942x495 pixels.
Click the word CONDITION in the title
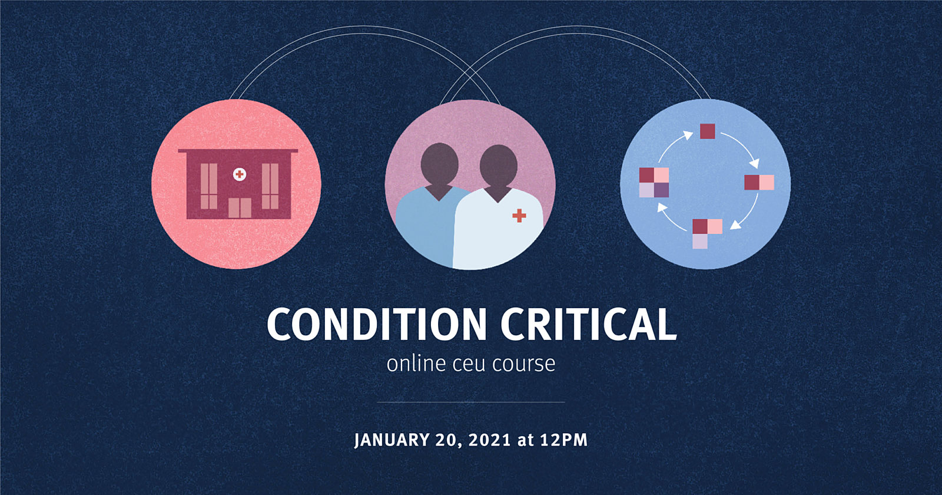[377, 324]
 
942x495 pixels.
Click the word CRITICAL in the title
[589, 324]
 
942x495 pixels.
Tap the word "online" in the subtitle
[416, 364]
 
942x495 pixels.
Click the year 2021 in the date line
[489, 440]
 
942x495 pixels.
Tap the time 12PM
[564, 440]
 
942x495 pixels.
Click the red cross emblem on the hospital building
[240, 174]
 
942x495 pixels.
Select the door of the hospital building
[240, 208]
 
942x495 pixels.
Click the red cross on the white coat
[519, 216]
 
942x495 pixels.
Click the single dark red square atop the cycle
[707, 131]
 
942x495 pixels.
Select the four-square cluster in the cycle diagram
[654, 182]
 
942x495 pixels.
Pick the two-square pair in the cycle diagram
[759, 182]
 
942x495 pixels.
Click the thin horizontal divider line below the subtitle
[471, 402]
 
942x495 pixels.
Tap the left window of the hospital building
[208, 186]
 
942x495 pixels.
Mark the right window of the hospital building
[270, 186]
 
